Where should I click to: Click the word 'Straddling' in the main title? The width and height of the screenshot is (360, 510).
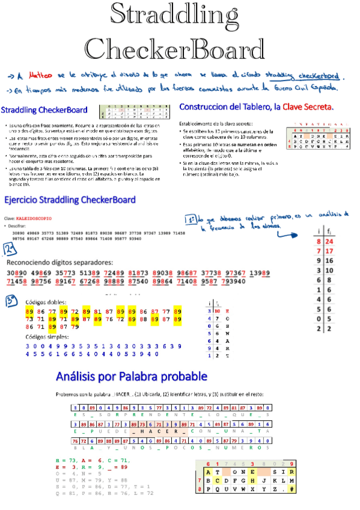pos(179,14)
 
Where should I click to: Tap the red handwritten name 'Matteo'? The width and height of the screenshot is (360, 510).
pos(39,76)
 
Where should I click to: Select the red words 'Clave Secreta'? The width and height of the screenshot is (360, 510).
pos(306,106)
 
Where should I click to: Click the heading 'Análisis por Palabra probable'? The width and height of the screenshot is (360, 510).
pos(132,376)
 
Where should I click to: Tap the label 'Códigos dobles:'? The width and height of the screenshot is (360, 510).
pos(47,302)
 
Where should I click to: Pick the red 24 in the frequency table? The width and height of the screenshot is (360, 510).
pos(329,242)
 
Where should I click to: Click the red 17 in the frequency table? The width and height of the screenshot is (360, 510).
pos(329,251)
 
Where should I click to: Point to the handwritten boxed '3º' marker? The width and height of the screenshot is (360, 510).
pos(10,301)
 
